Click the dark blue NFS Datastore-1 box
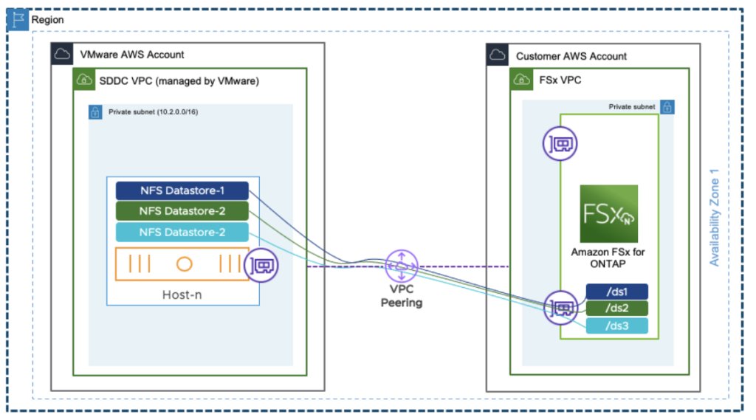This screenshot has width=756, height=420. click(x=182, y=190)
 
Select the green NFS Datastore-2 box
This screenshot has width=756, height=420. click(x=182, y=211)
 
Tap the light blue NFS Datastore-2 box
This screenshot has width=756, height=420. click(x=182, y=233)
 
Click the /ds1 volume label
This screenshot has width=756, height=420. click(x=616, y=292)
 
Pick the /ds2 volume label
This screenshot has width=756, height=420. click(x=616, y=309)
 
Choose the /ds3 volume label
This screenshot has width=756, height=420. click(x=616, y=326)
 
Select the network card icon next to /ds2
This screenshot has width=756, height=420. click(x=561, y=307)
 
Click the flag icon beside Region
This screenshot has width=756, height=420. click(x=17, y=19)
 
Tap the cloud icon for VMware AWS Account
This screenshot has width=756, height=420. click(x=61, y=54)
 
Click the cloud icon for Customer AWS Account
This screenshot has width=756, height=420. click(x=498, y=55)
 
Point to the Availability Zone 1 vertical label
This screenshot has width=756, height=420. click(x=714, y=218)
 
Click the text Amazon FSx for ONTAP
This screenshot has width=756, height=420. click(x=608, y=258)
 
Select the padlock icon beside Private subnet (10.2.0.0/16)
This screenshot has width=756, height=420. click(x=95, y=113)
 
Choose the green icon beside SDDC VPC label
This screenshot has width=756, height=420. click(x=83, y=80)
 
